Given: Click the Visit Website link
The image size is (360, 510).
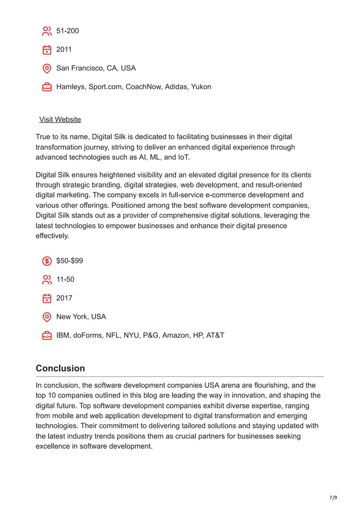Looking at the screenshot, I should (x=60, y=119).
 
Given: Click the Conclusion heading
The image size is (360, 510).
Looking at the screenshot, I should (x=60, y=368).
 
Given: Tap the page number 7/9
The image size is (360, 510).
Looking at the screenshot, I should (x=333, y=498).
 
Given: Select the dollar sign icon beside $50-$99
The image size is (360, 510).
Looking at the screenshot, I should (x=47, y=261).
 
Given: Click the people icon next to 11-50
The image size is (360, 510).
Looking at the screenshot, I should (x=47, y=280).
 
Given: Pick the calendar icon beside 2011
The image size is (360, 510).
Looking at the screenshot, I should (x=47, y=50).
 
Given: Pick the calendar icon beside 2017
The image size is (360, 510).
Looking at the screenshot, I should (x=47, y=298).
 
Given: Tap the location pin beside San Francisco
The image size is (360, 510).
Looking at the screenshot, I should (x=47, y=68).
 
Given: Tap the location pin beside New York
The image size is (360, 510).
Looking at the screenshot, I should (x=47, y=317).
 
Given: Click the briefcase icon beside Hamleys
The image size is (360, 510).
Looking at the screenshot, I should (x=47, y=87).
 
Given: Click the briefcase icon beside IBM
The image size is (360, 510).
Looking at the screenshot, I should (x=47, y=335).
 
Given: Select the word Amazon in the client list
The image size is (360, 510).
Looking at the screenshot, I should (x=177, y=335).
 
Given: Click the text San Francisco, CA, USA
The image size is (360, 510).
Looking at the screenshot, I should (x=96, y=68).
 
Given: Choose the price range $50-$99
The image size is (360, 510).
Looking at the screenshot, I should (x=69, y=261).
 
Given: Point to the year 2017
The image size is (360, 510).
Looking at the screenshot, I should (x=64, y=298).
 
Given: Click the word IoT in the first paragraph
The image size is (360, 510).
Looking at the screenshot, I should (x=183, y=157).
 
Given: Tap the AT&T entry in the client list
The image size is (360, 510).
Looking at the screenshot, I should (x=214, y=335).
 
